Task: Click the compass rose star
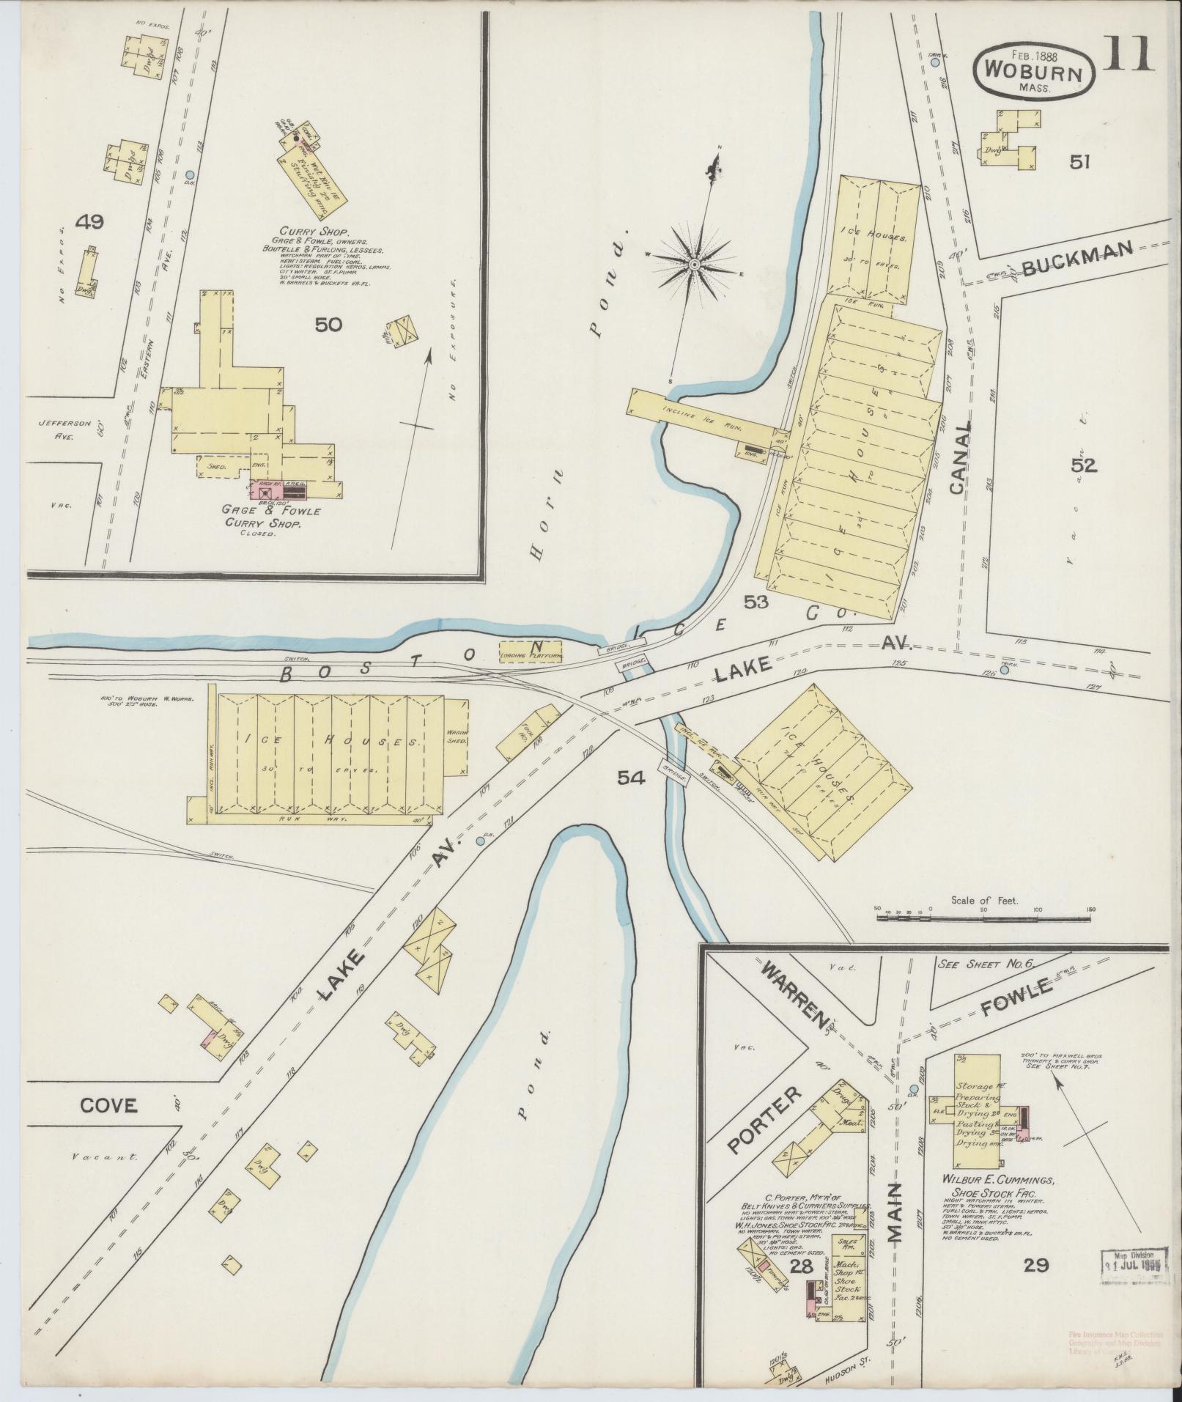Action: tap(692, 264)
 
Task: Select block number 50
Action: tap(328, 324)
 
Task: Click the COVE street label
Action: tap(108, 1105)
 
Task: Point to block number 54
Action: tap(630, 779)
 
